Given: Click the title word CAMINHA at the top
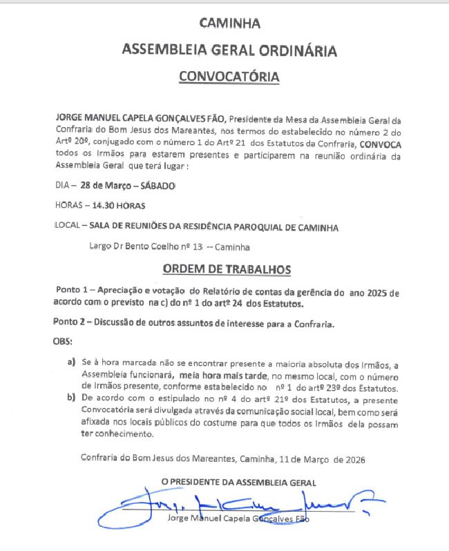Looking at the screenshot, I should coord(229,23).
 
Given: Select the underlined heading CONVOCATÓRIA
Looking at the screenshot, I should coord(229,76).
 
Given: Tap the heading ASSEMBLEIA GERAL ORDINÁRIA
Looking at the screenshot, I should coord(229,50).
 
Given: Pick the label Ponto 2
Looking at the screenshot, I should coord(70,322).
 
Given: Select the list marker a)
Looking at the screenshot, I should coord(71,362).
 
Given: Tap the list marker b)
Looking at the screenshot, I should coord(71,398).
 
